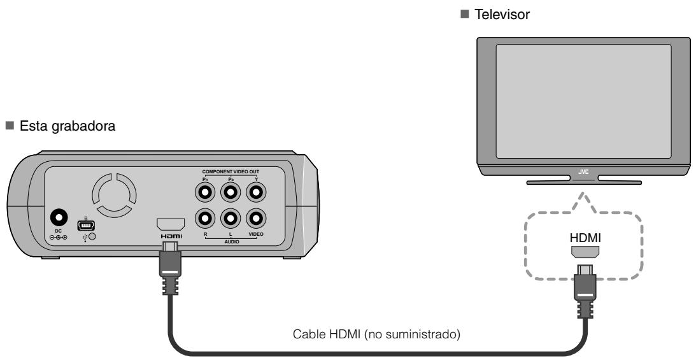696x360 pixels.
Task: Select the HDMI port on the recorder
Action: [171, 224]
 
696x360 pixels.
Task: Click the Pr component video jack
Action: [204, 191]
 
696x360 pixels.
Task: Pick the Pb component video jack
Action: [231, 191]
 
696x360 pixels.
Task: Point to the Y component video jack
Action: [257, 191]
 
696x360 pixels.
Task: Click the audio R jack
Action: [204, 219]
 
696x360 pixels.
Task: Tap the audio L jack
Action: [231, 219]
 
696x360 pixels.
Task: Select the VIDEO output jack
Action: [257, 219]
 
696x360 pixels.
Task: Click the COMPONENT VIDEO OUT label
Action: [231, 171]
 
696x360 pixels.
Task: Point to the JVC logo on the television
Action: [584, 171]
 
